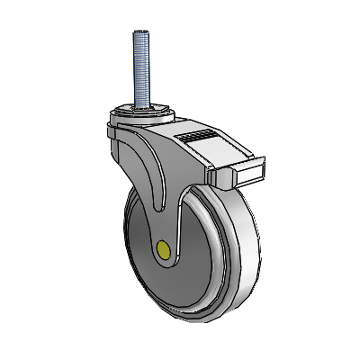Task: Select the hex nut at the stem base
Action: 141,109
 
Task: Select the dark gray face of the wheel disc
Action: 144,261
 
